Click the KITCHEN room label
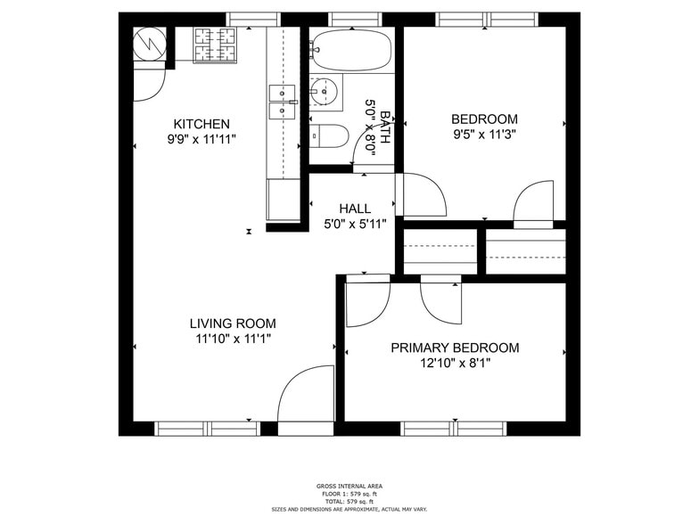(x=201, y=124)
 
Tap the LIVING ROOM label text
(x=233, y=323)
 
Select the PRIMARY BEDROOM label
(x=455, y=348)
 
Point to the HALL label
(x=354, y=209)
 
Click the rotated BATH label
(x=385, y=127)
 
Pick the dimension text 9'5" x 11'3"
(x=484, y=135)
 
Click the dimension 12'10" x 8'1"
(x=455, y=363)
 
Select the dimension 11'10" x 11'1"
(x=233, y=339)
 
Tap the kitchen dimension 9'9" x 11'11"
(x=201, y=139)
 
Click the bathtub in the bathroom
(x=351, y=50)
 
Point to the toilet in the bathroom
(x=330, y=135)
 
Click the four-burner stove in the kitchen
(x=215, y=45)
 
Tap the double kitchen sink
(x=283, y=101)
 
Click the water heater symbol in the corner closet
(x=145, y=42)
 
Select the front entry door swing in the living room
(x=303, y=397)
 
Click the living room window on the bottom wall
(x=207, y=428)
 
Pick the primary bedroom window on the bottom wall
(x=454, y=428)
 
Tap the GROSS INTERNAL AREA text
(x=349, y=487)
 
